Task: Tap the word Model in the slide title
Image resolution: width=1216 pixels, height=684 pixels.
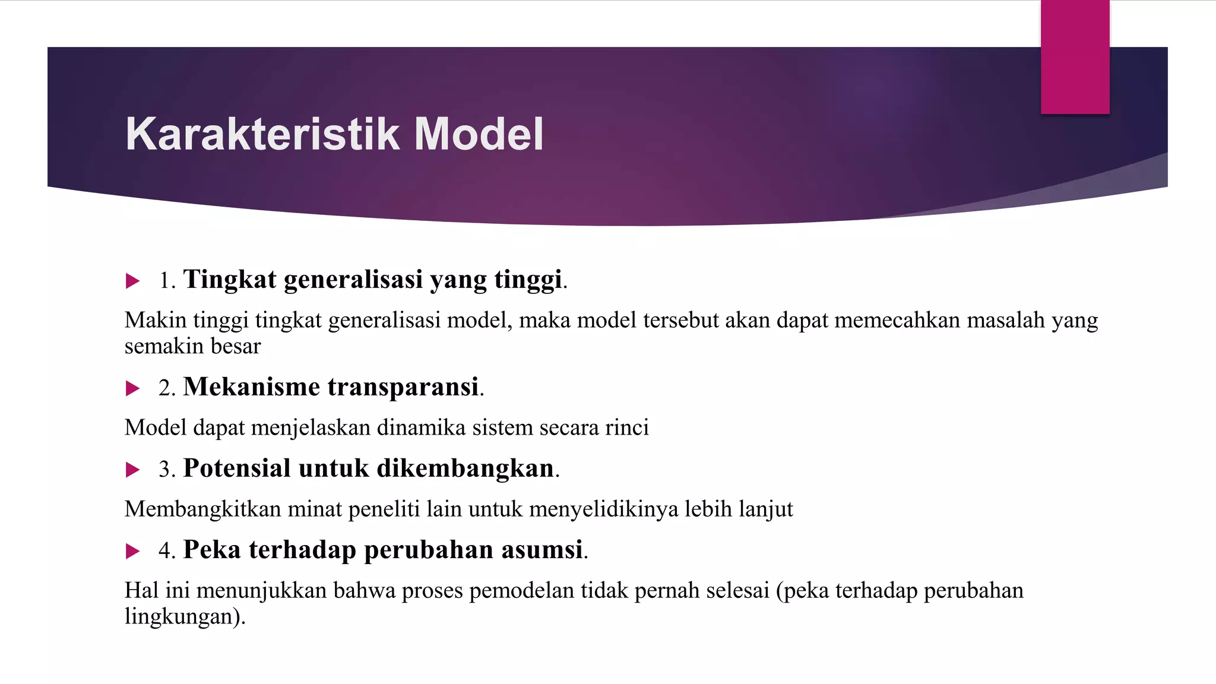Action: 479,134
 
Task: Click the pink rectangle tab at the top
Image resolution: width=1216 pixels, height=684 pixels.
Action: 1075,57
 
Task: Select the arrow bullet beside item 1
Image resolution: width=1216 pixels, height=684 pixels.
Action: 132,281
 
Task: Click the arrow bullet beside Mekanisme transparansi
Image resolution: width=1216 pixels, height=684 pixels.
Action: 132,389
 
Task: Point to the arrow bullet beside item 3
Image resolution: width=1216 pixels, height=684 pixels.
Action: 132,470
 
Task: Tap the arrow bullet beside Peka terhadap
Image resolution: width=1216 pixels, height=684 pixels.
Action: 132,552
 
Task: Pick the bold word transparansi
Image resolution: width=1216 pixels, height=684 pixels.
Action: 403,387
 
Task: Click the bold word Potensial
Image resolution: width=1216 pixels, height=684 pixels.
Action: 237,468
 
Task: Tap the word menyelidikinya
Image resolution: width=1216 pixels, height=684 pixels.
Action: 603,509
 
